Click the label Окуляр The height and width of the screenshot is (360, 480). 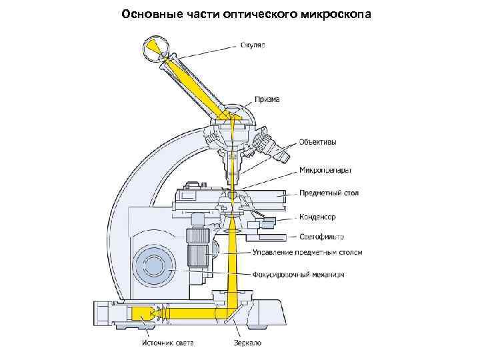coord(253,45)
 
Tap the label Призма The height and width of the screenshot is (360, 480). coord(266,99)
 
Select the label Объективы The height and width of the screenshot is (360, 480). coord(317,143)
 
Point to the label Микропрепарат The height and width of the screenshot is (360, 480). coord(325,169)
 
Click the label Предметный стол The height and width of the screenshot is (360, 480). coord(329,193)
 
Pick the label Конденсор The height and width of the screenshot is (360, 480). coord(317,217)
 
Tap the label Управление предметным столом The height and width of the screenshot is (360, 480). coord(307,253)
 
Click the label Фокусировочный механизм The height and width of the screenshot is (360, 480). coord(298,275)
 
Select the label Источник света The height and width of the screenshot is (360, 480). coord(167,343)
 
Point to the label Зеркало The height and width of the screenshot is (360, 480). coord(247,343)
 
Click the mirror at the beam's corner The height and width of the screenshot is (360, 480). coord(229,311)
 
